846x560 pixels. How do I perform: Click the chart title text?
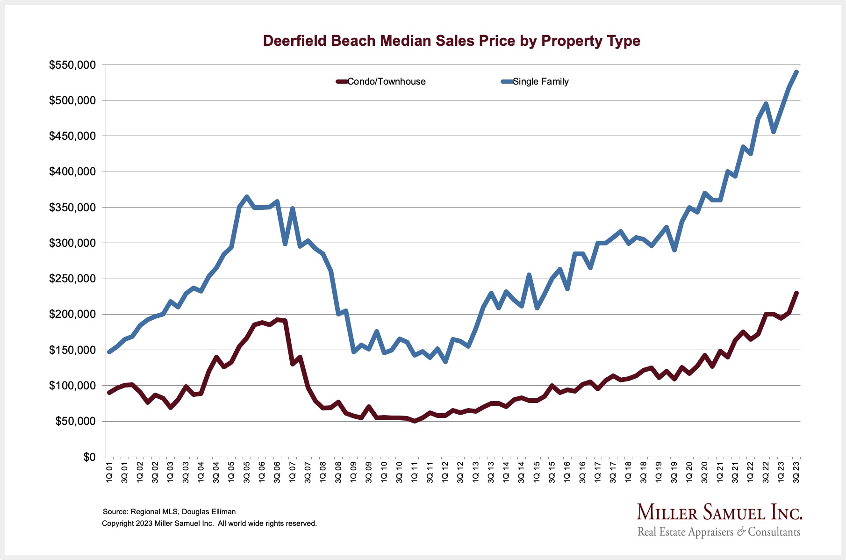(x=451, y=41)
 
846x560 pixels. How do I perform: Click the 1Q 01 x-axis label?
(x=109, y=472)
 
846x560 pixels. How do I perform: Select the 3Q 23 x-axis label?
(x=796, y=472)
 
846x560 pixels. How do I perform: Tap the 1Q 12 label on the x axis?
(x=445, y=472)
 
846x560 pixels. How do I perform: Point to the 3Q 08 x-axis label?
(x=338, y=472)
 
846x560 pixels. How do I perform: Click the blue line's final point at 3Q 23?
(x=796, y=72)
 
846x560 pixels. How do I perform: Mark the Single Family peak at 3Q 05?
(x=247, y=197)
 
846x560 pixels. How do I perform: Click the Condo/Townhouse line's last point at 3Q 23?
(x=796, y=293)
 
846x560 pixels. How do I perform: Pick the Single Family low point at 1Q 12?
(x=445, y=362)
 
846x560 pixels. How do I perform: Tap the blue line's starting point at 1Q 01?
(x=109, y=352)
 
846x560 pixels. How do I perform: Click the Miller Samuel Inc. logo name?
(x=719, y=513)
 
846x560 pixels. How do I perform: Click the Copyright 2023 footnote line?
(x=209, y=523)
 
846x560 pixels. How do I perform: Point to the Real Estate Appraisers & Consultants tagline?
(x=718, y=532)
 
